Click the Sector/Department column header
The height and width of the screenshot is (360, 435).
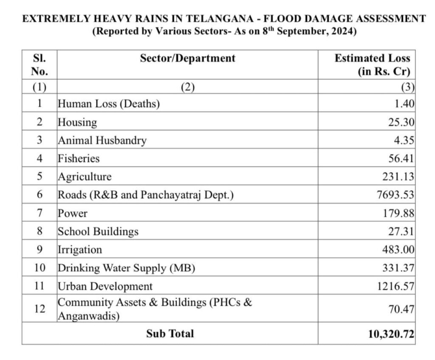tap(187, 58)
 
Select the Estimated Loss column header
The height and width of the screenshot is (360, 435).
tap(372, 65)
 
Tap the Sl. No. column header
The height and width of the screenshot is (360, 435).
tap(39, 65)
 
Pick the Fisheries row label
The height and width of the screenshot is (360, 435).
tap(79, 159)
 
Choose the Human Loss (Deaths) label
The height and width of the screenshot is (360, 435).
tap(109, 104)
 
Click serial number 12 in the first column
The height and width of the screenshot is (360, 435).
tap(39, 309)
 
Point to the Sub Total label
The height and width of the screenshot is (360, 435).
tap(170, 334)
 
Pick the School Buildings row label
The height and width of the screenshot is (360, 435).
tap(98, 232)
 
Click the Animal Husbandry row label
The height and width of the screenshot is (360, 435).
tap(102, 141)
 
